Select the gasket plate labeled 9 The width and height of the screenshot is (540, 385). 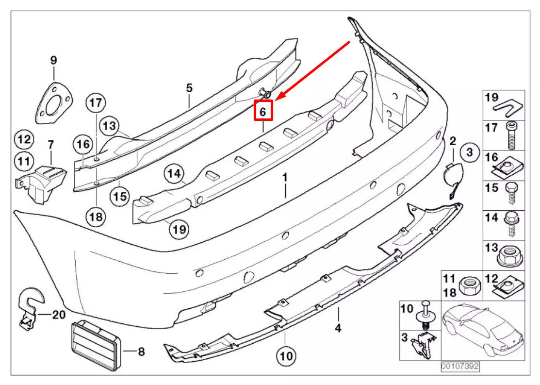click(53, 102)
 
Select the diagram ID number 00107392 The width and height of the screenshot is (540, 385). click(459, 367)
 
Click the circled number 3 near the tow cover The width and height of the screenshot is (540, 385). click(469, 152)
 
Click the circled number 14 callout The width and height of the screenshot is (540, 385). click(175, 173)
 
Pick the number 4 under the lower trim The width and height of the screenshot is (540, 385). click(338, 329)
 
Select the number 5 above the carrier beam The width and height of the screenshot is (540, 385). click(189, 88)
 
